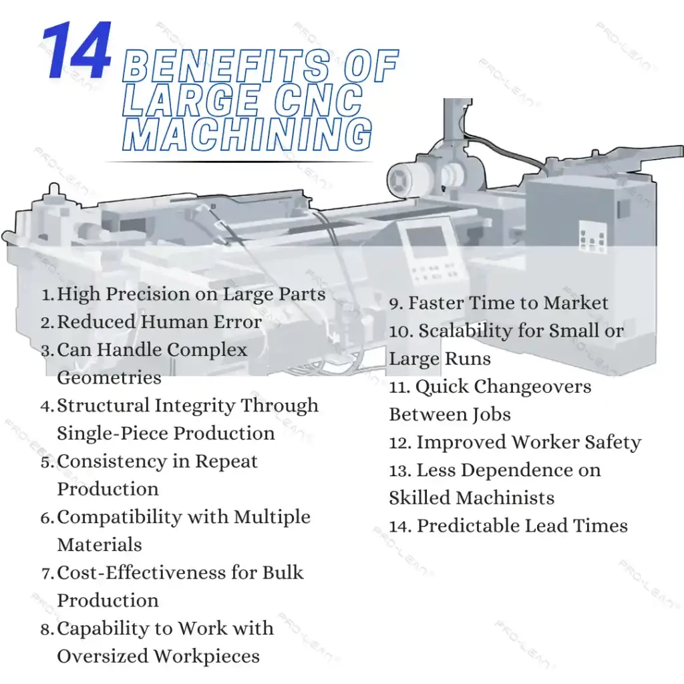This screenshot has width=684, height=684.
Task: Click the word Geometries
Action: (109, 378)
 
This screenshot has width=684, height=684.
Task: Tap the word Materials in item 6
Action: (100, 545)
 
